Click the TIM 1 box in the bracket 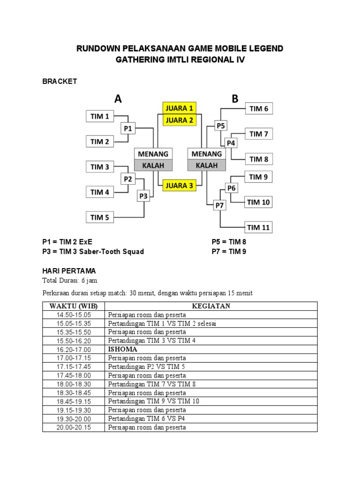pos(100,116)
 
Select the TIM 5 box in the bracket pos(100,217)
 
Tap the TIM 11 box pos(259,228)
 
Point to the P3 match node pos(143,196)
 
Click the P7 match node pos(220,205)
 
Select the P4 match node pos(231,143)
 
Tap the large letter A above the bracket pos(118,98)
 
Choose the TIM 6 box pos(259,109)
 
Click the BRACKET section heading pos(60,82)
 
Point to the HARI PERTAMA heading pos(69,271)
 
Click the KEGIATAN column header pos(211,306)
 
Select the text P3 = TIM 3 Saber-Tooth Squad pos(93,252)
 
